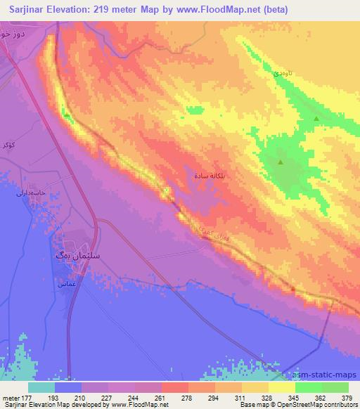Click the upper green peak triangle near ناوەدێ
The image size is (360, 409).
(316, 119)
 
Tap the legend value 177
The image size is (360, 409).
(27, 398)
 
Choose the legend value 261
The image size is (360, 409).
(162, 398)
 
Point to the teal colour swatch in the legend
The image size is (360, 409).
(41, 387)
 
